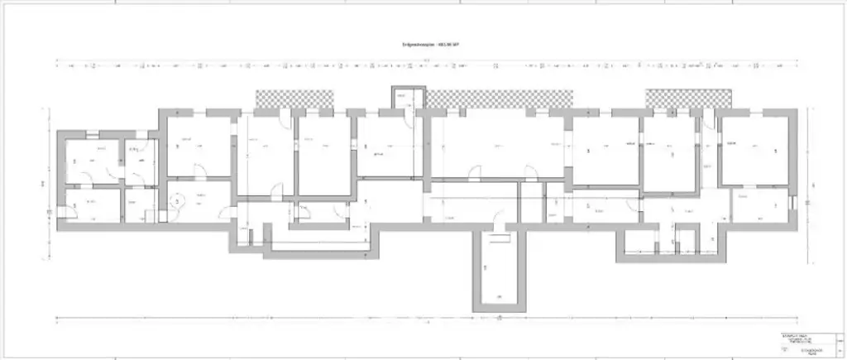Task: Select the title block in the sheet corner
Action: coord(806,343)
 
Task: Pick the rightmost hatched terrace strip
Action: coord(688,98)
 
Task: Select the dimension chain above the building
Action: coord(423,64)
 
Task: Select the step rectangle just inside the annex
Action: coord(498,240)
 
